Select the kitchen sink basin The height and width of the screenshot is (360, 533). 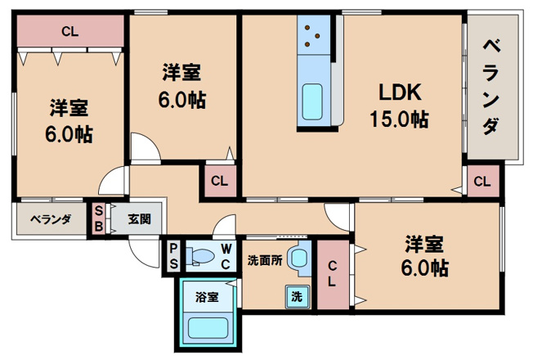[x=314, y=101]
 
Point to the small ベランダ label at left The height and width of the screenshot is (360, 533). [x=51, y=219]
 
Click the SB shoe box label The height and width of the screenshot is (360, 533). [x=99, y=219]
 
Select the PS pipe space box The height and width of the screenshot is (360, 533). [x=174, y=255]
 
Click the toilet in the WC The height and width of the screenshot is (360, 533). [x=199, y=256]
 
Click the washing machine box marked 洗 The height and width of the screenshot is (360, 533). [x=297, y=297]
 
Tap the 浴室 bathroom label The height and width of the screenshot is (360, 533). [x=206, y=297]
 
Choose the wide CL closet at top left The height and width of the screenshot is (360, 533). [x=69, y=32]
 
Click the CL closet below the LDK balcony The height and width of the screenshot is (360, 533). [x=481, y=181]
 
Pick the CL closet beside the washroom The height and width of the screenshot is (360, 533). [x=333, y=273]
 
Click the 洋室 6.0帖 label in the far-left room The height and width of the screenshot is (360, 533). [x=69, y=121]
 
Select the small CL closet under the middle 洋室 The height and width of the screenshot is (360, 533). [x=219, y=181]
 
